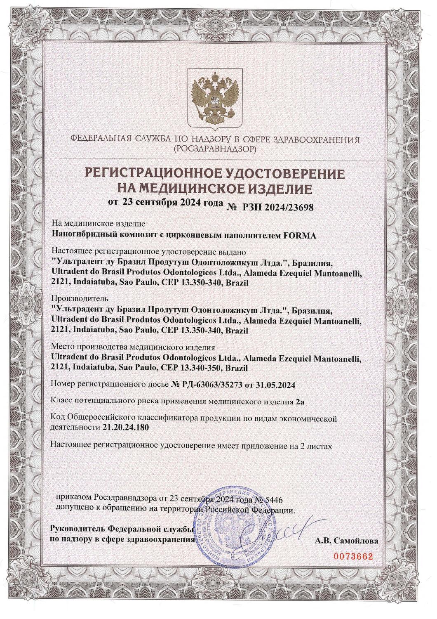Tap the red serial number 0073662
coord(353,556)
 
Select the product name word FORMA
coord(300,236)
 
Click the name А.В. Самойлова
coord(346,540)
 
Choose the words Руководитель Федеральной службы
coord(122,529)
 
